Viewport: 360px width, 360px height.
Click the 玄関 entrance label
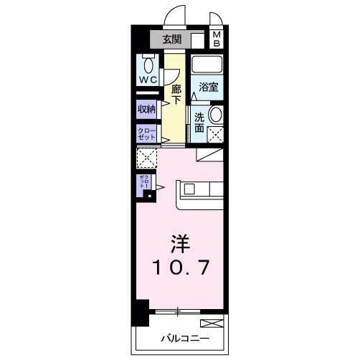coord(171,39)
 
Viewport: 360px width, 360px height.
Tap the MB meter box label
coord(217,39)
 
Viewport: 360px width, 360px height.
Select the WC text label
coord(148,79)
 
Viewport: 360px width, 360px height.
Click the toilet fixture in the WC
coord(148,60)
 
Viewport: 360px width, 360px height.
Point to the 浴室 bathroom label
coord(209,87)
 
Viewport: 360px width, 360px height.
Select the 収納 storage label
coord(146,109)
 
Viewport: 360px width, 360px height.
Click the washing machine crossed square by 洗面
coord(214,133)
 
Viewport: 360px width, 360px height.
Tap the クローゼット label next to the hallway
coord(146,133)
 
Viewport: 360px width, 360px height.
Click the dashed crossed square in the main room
coord(146,158)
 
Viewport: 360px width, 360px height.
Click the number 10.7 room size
coord(180,268)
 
